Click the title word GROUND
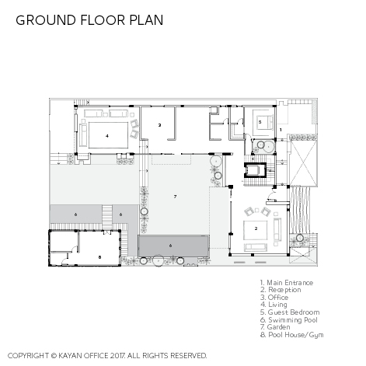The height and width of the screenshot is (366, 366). pyautogui.click(x=46, y=20)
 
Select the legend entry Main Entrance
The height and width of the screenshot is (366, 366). pyautogui.click(x=287, y=283)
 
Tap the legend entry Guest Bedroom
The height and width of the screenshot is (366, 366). pyautogui.click(x=290, y=312)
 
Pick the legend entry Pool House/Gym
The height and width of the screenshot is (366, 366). pyautogui.click(x=292, y=335)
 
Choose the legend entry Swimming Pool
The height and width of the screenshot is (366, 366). pyautogui.click(x=289, y=320)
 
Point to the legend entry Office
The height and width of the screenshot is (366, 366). pyautogui.click(x=274, y=298)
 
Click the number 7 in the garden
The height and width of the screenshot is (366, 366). pyautogui.click(x=175, y=197)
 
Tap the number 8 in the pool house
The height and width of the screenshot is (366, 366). pyautogui.click(x=99, y=257)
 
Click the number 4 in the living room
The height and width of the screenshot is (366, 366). pyautogui.click(x=107, y=136)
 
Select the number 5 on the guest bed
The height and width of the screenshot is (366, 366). pyautogui.click(x=260, y=122)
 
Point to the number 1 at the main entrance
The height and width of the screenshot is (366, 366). pyautogui.click(x=281, y=130)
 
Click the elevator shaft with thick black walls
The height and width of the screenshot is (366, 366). pyautogui.click(x=255, y=170)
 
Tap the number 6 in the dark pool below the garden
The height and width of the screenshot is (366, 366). pyautogui.click(x=170, y=246)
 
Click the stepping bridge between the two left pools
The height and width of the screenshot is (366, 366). pyautogui.click(x=107, y=217)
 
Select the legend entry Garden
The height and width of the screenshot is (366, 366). pyautogui.click(x=275, y=327)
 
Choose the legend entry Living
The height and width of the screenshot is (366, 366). pyautogui.click(x=274, y=305)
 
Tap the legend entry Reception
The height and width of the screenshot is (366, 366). pyautogui.click(x=281, y=290)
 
